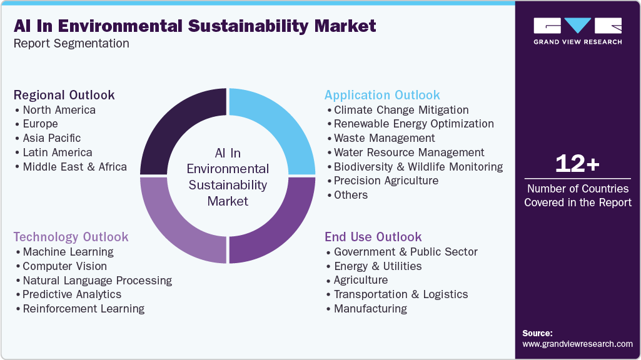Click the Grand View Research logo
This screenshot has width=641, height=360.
[577, 31]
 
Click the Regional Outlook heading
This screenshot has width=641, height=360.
[64, 95]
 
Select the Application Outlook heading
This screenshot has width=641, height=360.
[382, 95]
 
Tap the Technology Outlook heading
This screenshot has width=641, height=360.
[71, 237]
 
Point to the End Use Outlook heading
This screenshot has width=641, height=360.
[373, 237]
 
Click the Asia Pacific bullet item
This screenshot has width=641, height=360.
[51, 138]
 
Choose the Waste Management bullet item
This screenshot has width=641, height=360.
[384, 138]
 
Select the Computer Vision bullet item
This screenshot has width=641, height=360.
[64, 266]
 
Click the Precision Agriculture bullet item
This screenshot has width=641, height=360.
[386, 181]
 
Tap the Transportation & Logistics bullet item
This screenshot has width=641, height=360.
[400, 294]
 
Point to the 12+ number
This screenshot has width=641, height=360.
[577, 164]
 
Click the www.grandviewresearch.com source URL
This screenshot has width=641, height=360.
[577, 344]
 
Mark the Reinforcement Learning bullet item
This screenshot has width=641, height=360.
[83, 309]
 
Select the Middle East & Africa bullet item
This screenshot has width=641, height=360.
[74, 167]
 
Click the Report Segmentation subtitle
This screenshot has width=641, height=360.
[71, 43]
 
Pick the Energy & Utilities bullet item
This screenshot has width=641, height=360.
[377, 266]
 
